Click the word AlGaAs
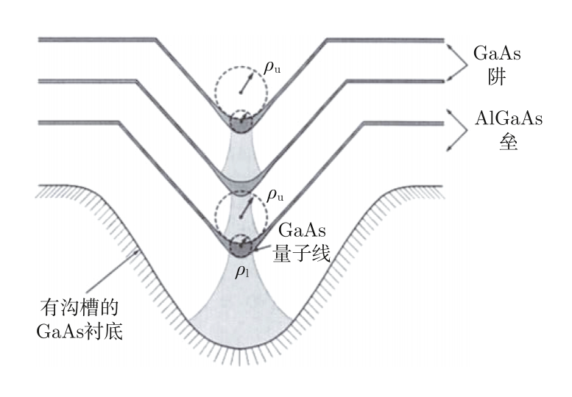(x=509, y=118)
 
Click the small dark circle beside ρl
(x=241, y=246)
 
